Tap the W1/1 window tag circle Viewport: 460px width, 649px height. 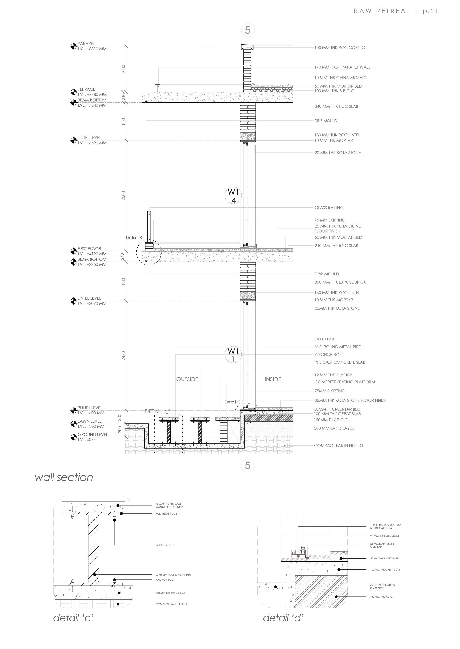[233, 355]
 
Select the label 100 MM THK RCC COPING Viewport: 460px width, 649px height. [340, 48]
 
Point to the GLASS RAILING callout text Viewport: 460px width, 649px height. [329, 207]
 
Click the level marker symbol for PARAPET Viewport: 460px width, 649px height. [73, 46]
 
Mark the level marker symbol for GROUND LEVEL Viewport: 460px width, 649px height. [73, 437]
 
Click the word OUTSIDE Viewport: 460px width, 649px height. [187, 379]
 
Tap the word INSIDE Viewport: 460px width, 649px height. [273, 379]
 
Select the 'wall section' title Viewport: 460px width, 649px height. [64, 477]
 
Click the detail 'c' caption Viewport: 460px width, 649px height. [73, 618]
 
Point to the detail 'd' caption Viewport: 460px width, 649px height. [283, 618]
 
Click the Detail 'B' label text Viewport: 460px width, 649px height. [135, 238]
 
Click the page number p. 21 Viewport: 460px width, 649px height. [430, 11]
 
